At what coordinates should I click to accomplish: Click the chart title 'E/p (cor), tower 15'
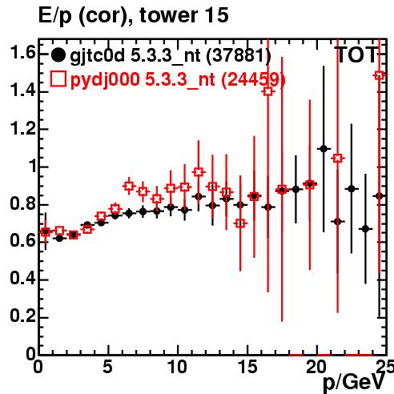(x=134, y=16)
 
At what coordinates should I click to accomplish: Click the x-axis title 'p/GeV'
(x=355, y=382)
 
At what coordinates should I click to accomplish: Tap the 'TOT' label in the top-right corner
(x=356, y=55)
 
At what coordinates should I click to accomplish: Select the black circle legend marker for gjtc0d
(x=58, y=55)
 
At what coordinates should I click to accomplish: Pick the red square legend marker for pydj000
(x=58, y=78)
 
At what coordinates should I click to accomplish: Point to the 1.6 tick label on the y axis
(x=22, y=52)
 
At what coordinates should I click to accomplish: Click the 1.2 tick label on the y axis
(x=22, y=128)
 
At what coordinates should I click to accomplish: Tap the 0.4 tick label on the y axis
(x=22, y=279)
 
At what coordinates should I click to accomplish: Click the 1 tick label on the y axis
(x=33, y=166)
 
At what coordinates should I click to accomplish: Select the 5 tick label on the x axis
(x=107, y=367)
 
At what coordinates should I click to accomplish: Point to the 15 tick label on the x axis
(x=248, y=367)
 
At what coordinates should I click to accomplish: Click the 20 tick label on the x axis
(x=316, y=367)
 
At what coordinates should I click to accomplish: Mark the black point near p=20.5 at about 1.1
(x=324, y=149)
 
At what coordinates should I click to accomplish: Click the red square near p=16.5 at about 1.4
(x=268, y=91)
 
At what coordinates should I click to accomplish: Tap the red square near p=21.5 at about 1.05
(x=338, y=159)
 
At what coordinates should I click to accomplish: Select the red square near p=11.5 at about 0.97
(x=199, y=172)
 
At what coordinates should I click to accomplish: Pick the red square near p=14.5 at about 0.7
(x=240, y=223)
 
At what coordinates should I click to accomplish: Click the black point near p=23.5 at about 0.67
(x=365, y=229)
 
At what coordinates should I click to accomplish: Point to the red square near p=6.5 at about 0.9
(x=129, y=186)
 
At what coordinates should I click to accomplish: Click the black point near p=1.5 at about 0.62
(x=59, y=238)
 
